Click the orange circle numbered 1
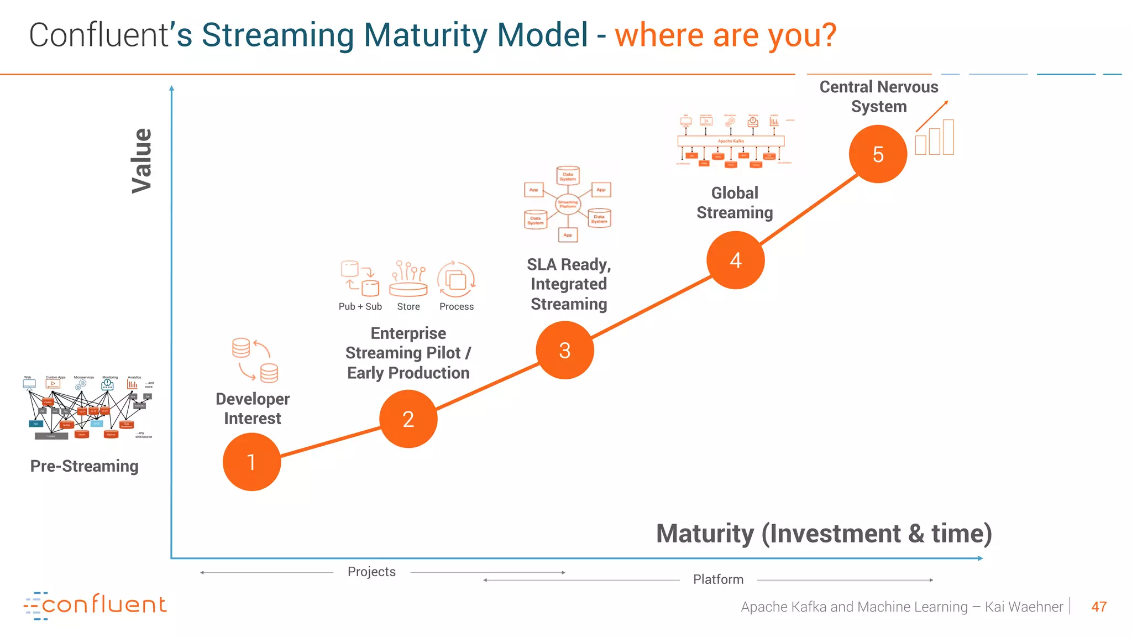(x=251, y=462)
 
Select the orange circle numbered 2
(x=408, y=419)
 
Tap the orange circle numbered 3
(x=564, y=350)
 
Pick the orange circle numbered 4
(x=735, y=260)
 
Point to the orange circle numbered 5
(x=878, y=154)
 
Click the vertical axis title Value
(x=141, y=161)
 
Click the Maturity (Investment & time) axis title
(x=824, y=534)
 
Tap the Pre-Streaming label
(x=84, y=466)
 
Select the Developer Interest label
(x=253, y=409)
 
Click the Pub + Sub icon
(x=360, y=278)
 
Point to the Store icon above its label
(x=408, y=278)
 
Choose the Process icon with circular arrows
(x=456, y=279)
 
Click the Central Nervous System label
(x=878, y=96)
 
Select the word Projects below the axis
(x=371, y=572)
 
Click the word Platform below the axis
(x=718, y=579)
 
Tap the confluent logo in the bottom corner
(x=95, y=605)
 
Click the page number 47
(x=1098, y=607)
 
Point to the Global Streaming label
(x=735, y=202)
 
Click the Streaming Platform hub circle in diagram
(x=568, y=204)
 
